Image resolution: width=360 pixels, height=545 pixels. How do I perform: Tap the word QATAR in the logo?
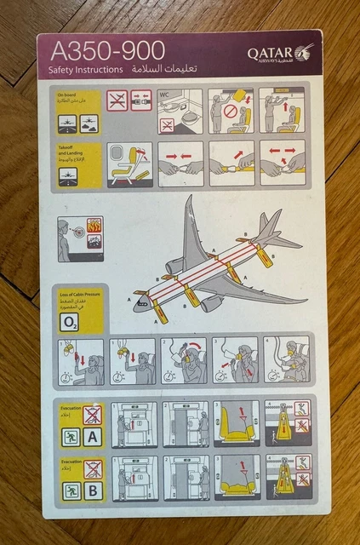(270, 53)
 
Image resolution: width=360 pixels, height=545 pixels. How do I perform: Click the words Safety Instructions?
(82, 69)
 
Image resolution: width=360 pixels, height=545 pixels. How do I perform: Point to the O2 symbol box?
(69, 321)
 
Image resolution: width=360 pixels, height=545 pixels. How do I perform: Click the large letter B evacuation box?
(94, 490)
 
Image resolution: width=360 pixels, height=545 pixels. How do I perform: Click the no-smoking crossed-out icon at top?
(117, 100)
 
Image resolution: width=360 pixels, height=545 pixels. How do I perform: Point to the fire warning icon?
(94, 227)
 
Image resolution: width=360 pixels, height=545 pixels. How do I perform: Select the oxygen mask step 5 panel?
(286, 361)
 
